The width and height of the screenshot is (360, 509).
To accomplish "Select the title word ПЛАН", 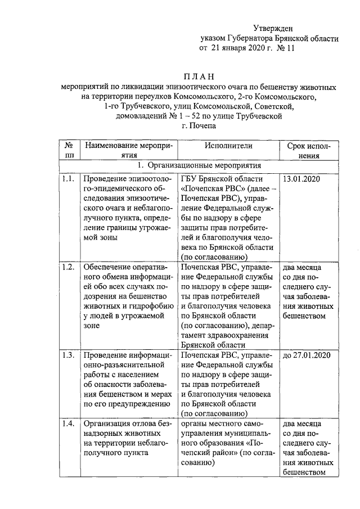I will coord(199,76).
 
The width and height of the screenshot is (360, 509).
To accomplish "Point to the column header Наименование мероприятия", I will coord(128,150).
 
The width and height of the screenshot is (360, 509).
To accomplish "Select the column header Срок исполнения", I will coord(309,150).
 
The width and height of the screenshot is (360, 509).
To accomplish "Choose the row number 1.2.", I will coord(69,267).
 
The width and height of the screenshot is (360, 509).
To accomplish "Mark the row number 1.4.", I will coord(69,423).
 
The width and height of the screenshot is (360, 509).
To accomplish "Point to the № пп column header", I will coord(69,150).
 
